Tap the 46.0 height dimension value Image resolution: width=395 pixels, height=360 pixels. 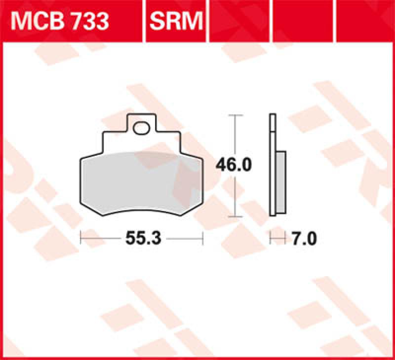(233, 165)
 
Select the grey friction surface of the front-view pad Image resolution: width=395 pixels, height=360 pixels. (141, 182)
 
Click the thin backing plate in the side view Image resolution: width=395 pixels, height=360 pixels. (272, 165)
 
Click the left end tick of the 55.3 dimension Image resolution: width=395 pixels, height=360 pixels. (81, 239)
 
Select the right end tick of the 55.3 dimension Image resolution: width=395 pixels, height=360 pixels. (202, 239)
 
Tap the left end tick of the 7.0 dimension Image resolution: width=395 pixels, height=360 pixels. (270, 239)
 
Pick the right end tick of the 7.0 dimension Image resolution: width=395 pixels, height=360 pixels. (286, 239)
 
